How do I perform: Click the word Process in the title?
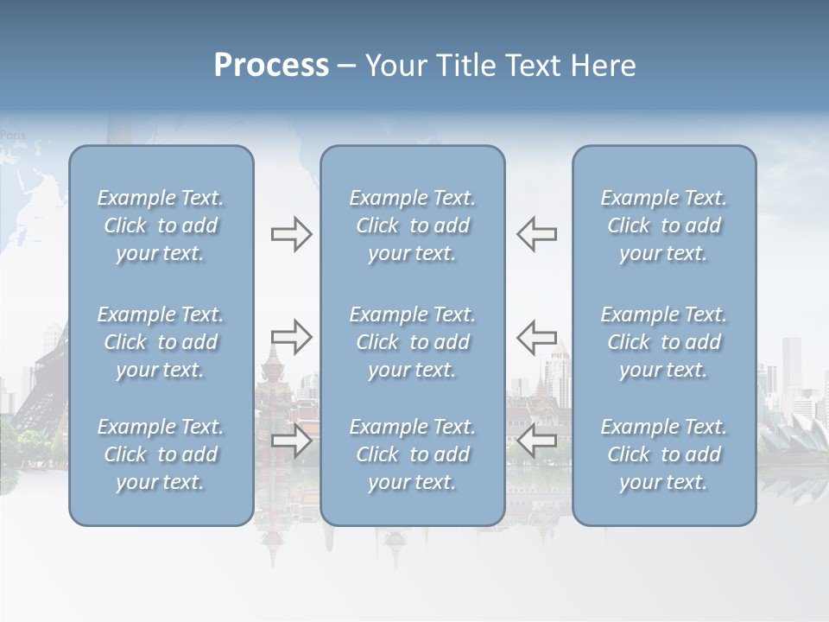(x=271, y=66)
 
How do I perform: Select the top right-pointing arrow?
(x=291, y=234)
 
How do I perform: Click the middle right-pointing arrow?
(x=291, y=336)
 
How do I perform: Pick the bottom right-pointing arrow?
(x=291, y=441)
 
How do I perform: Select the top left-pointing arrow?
(x=536, y=234)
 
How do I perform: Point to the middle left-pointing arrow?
(x=536, y=336)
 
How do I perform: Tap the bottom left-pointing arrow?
(x=536, y=441)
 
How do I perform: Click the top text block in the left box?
(x=161, y=225)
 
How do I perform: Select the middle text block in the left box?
(x=161, y=342)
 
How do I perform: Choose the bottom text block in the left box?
(x=161, y=454)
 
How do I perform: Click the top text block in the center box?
(x=413, y=225)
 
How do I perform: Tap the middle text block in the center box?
(x=413, y=342)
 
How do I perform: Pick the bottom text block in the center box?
(x=413, y=454)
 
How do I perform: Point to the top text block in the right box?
(x=664, y=225)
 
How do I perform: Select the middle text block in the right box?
(x=664, y=342)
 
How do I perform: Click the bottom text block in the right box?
(x=664, y=454)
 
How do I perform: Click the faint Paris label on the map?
(x=13, y=135)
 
